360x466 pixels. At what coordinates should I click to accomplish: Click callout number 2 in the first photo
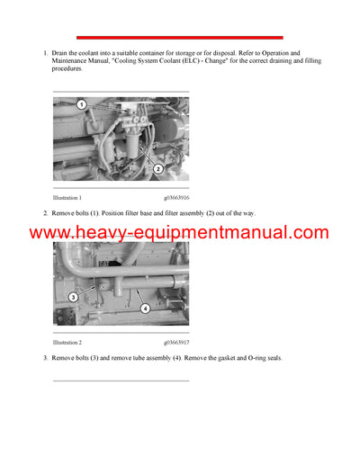tap(157, 168)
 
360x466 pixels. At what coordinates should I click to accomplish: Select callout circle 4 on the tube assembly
tap(145, 309)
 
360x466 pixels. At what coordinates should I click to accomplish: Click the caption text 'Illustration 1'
tap(67, 197)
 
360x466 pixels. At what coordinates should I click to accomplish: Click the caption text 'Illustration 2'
tap(67, 343)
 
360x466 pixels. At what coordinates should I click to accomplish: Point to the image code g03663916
tap(176, 197)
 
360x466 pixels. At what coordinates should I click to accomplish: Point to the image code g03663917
tap(176, 343)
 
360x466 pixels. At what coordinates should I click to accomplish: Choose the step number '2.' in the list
tap(46, 212)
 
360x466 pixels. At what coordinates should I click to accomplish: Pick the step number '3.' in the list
tap(46, 358)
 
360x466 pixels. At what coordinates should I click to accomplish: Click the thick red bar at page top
tap(179, 38)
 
